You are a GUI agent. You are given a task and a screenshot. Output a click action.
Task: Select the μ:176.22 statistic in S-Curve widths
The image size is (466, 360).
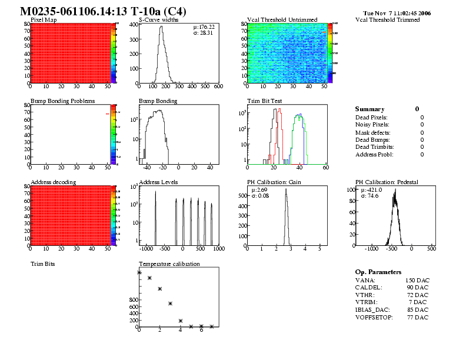coord(204,26)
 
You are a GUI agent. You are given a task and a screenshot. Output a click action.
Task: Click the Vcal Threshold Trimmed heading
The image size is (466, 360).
coord(388,19)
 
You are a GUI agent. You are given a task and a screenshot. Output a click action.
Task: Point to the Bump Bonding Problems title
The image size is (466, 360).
coord(62,101)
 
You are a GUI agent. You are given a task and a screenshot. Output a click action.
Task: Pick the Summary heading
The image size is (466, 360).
coord(370,109)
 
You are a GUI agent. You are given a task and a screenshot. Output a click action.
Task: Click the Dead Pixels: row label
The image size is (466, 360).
coord(371,117)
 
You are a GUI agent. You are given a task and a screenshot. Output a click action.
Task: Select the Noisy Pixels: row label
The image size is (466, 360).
coord(372,125)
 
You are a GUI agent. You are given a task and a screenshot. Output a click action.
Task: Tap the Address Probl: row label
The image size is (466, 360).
coord(374,154)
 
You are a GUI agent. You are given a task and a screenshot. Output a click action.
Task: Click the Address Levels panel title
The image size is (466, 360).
coord(158,182)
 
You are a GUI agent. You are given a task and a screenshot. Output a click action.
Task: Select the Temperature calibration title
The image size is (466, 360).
coord(169,264)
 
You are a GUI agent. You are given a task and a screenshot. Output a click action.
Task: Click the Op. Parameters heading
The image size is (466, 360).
coord(378,272)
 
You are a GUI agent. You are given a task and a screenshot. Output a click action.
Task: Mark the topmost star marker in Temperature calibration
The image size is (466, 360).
coord(139,272)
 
